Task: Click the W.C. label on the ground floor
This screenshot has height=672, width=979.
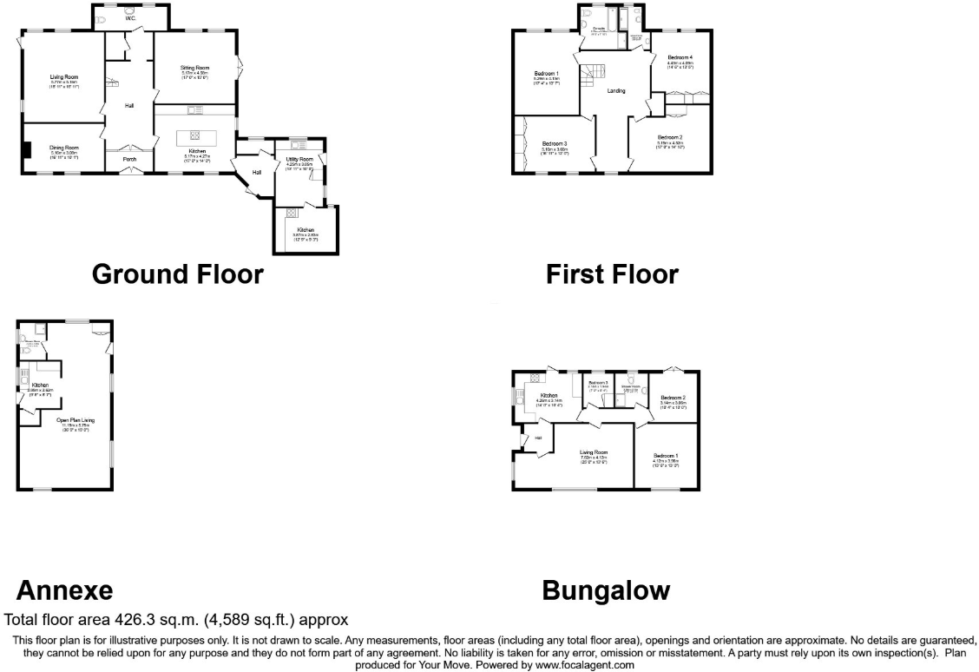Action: click(x=130, y=18)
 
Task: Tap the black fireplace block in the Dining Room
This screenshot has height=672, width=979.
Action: click(x=28, y=150)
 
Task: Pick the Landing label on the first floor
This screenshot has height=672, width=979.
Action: click(x=616, y=90)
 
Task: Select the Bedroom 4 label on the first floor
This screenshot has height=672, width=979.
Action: click(x=680, y=57)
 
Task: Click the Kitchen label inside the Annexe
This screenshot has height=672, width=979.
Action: click(x=40, y=385)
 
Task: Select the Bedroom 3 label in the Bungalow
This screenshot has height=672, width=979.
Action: click(x=597, y=382)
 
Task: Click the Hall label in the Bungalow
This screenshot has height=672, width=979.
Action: click(x=538, y=438)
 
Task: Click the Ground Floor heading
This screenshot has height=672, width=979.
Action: click(x=177, y=274)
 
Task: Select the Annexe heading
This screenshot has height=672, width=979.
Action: click(x=65, y=590)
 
